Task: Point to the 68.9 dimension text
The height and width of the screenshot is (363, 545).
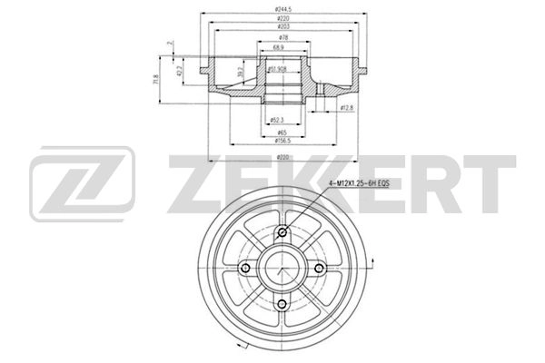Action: [x=280, y=47]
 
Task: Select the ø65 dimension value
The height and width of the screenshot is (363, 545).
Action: [x=281, y=132]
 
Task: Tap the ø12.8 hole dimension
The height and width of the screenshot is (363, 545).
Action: [x=345, y=108]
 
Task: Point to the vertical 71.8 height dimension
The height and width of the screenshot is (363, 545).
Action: [x=156, y=82]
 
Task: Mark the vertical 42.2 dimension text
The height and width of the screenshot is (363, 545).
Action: [x=180, y=71]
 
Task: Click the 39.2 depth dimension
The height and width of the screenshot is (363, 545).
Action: [x=240, y=74]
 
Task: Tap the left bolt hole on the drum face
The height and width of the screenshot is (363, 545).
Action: [x=245, y=268]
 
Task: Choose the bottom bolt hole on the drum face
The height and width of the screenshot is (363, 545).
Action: [x=282, y=304]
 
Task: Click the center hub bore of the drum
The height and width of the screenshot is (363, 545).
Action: [x=282, y=268]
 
